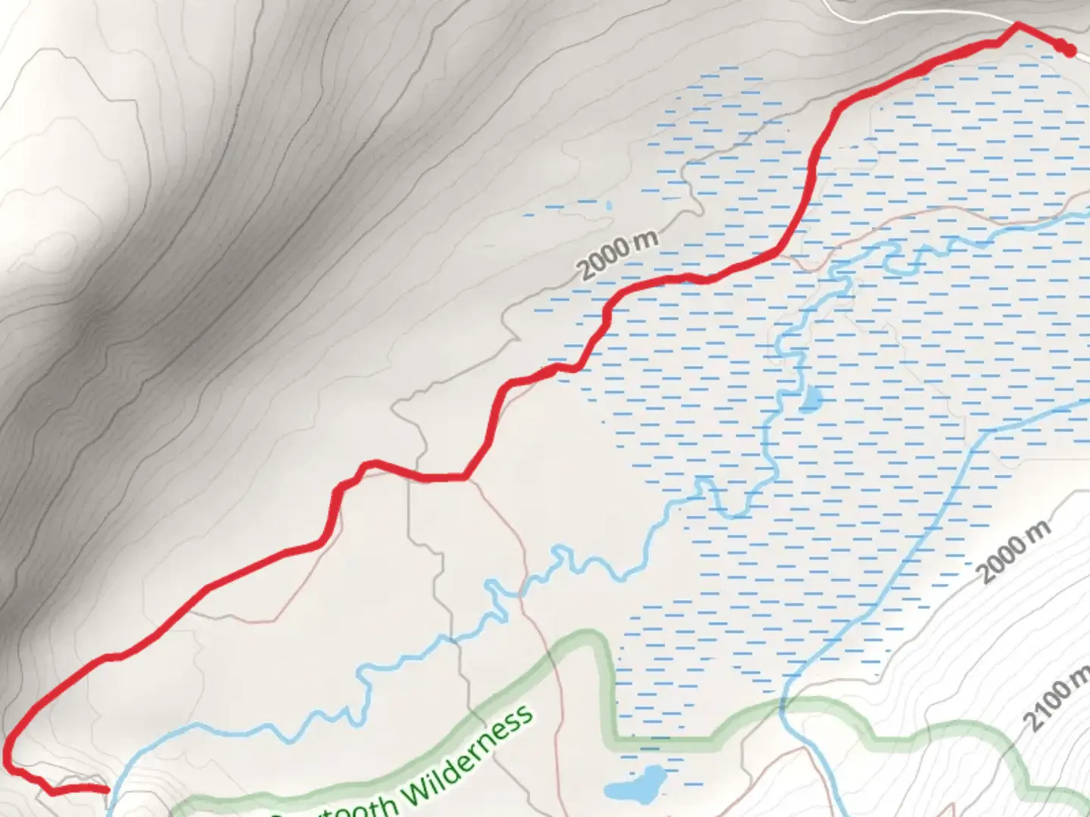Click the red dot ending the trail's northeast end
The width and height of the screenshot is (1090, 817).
click(x=1069, y=50)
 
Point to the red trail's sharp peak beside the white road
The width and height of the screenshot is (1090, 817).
click(x=1017, y=25)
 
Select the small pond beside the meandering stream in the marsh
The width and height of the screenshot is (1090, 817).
click(x=810, y=399)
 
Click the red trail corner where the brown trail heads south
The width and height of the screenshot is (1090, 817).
click(x=463, y=477)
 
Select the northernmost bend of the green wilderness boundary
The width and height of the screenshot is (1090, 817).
click(x=590, y=639)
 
